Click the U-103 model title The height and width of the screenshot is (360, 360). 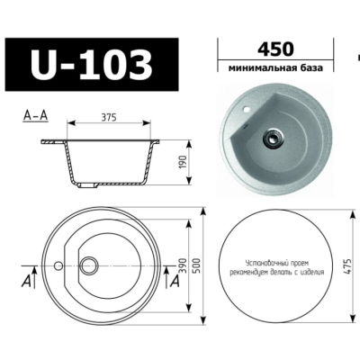[92, 65]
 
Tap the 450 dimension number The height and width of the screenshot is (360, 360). [275, 49]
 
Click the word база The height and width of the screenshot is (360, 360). [311, 68]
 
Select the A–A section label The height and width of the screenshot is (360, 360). [35, 116]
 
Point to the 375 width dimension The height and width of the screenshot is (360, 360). [109, 117]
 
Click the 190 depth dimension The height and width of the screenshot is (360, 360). [184, 162]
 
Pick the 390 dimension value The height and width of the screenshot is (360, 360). [184, 265]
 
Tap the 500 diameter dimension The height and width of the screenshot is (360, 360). [197, 265]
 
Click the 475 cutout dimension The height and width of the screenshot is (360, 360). [347, 265]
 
